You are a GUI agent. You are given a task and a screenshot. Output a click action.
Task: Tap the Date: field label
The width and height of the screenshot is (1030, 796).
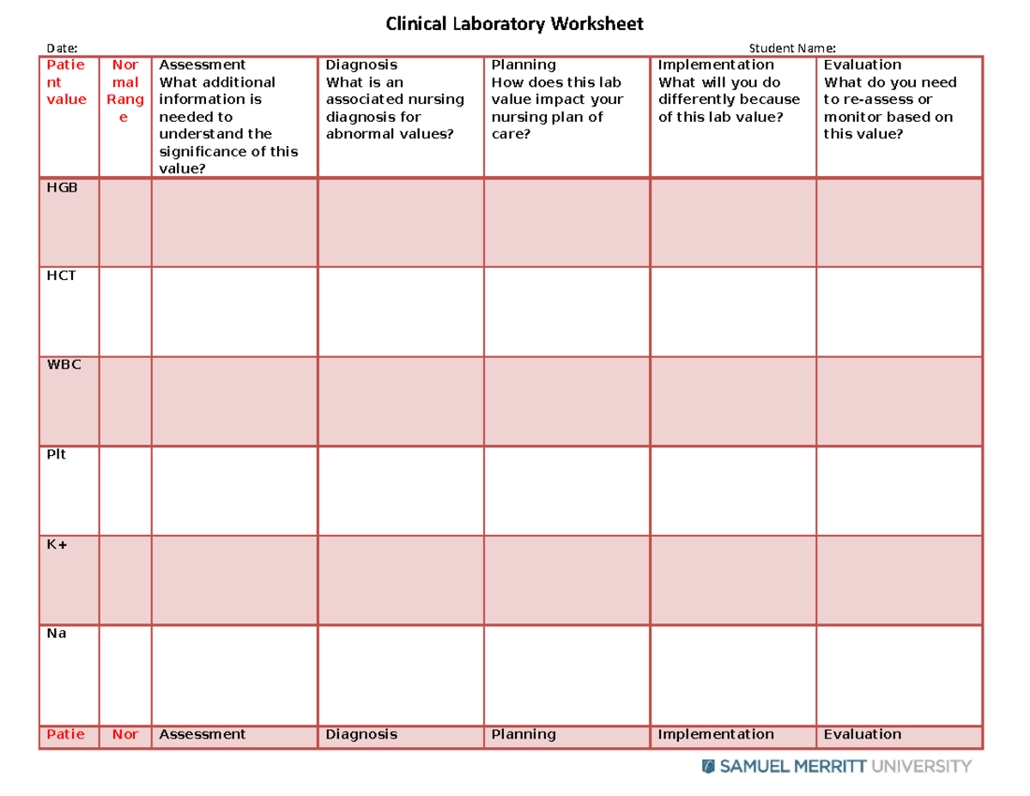(62, 48)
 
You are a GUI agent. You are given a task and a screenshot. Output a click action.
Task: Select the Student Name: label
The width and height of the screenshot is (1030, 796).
(792, 48)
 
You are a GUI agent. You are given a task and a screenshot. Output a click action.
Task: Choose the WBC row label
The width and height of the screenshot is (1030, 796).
(64, 365)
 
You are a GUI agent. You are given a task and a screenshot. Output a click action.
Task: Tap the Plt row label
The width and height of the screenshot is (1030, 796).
(57, 454)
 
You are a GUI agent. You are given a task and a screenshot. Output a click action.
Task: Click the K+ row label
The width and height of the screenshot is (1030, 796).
(58, 544)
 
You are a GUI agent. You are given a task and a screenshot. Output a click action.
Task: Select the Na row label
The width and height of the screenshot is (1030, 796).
(57, 634)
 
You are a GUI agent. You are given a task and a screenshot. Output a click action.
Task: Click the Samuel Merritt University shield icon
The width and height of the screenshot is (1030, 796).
(708, 766)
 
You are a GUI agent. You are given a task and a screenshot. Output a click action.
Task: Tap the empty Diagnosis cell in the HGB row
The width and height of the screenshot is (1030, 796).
(401, 222)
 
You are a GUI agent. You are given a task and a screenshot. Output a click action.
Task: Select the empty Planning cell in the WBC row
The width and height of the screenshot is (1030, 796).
(566, 401)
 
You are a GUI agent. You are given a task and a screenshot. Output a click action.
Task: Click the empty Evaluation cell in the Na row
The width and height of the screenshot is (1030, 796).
(899, 669)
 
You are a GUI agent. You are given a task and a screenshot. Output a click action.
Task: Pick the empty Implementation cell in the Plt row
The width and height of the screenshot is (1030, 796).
(733, 490)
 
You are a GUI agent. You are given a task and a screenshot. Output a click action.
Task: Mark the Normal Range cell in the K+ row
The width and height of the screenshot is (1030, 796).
(125, 580)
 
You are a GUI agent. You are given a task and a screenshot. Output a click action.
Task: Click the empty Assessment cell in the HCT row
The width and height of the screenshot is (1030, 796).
(234, 312)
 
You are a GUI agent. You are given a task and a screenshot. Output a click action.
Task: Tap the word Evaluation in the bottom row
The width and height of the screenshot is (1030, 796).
(862, 734)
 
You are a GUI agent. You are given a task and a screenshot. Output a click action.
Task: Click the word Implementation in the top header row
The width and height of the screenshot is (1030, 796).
(715, 64)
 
